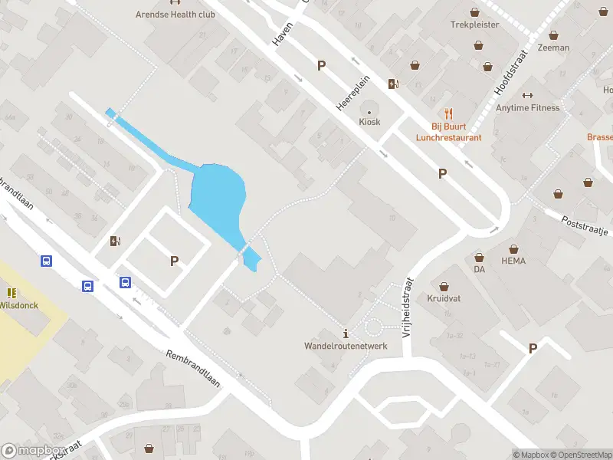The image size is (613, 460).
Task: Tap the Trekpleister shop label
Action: (474, 25)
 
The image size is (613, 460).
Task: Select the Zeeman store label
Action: (553, 48)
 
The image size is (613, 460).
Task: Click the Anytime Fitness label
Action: (527, 108)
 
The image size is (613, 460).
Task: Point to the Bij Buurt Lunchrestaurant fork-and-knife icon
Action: (449, 115)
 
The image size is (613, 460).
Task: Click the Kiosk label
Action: (369, 122)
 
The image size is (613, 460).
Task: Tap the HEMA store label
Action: (513, 261)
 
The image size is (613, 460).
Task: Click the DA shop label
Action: (480, 270)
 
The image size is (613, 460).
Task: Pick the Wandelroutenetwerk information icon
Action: (346, 333)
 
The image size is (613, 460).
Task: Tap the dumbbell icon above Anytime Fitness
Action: (526, 95)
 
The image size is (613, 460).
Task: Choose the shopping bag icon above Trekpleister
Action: (475, 12)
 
